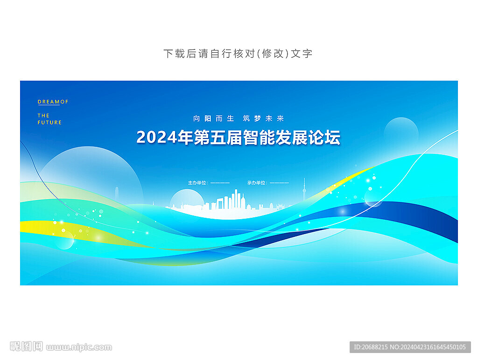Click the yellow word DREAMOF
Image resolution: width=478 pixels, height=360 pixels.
53,102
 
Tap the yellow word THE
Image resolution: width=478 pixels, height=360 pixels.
43,116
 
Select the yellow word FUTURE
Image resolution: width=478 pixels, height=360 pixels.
49,123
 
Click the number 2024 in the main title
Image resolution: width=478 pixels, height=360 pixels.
156,138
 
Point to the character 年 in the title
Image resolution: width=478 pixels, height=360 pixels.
185,138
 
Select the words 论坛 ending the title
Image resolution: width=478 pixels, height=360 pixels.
324,138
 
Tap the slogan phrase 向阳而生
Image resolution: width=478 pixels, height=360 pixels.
213,118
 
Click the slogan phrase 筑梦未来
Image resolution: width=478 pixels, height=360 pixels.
263,118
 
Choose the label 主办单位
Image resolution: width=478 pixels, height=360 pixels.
197,183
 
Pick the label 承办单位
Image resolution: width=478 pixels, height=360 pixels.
256,183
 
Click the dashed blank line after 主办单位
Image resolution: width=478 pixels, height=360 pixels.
220,183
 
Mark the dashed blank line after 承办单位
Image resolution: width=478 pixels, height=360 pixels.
279,183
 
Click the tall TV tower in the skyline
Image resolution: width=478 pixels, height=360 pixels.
304,189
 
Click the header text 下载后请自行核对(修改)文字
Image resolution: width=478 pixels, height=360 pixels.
238,54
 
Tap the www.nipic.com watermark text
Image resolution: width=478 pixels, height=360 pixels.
79,347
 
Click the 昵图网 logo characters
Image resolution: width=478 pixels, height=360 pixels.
26,346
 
